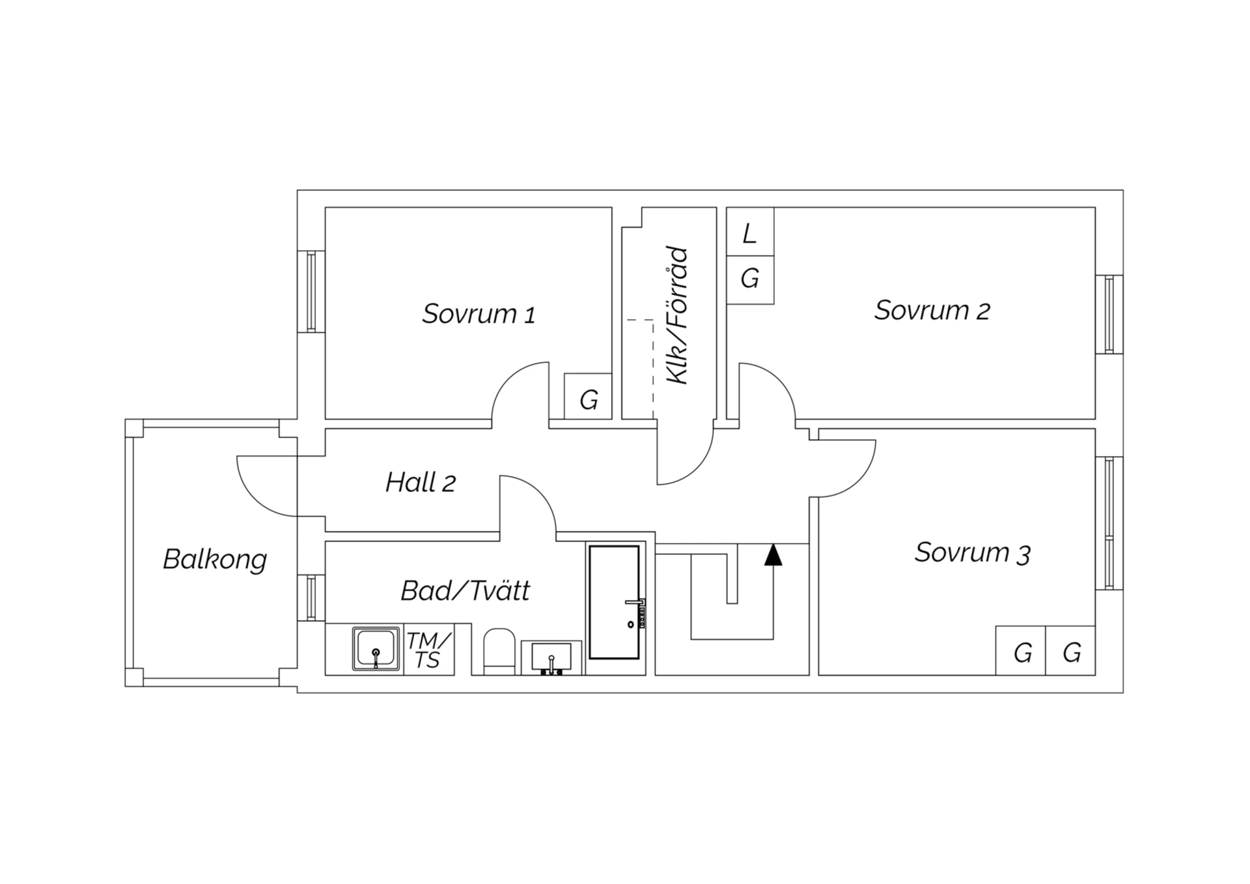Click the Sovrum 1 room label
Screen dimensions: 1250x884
coord(479,314)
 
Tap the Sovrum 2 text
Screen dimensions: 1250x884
coord(932,310)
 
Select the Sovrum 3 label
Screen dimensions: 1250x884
coord(973,552)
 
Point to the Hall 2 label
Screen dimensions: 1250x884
coord(421,483)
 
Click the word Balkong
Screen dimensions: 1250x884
coord(215,560)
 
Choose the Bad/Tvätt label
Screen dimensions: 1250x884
coord(465,591)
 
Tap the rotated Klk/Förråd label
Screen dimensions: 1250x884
coord(677,315)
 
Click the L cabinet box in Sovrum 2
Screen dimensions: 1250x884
coord(750,232)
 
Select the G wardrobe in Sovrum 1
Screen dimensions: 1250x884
coord(588,396)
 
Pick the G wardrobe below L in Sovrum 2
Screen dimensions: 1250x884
coord(750,280)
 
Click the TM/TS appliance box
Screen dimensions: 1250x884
coord(429,649)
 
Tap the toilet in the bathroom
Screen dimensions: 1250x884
coord(499,651)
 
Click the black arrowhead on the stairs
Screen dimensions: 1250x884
coord(773,554)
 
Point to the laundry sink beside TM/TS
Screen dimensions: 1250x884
coord(376,649)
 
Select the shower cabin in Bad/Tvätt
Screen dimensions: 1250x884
coord(614,603)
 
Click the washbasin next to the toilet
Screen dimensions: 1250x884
coord(551,658)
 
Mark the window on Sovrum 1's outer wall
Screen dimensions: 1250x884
coord(311,292)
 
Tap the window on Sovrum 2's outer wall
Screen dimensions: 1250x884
coord(1109,315)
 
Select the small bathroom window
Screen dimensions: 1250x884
coord(311,598)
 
